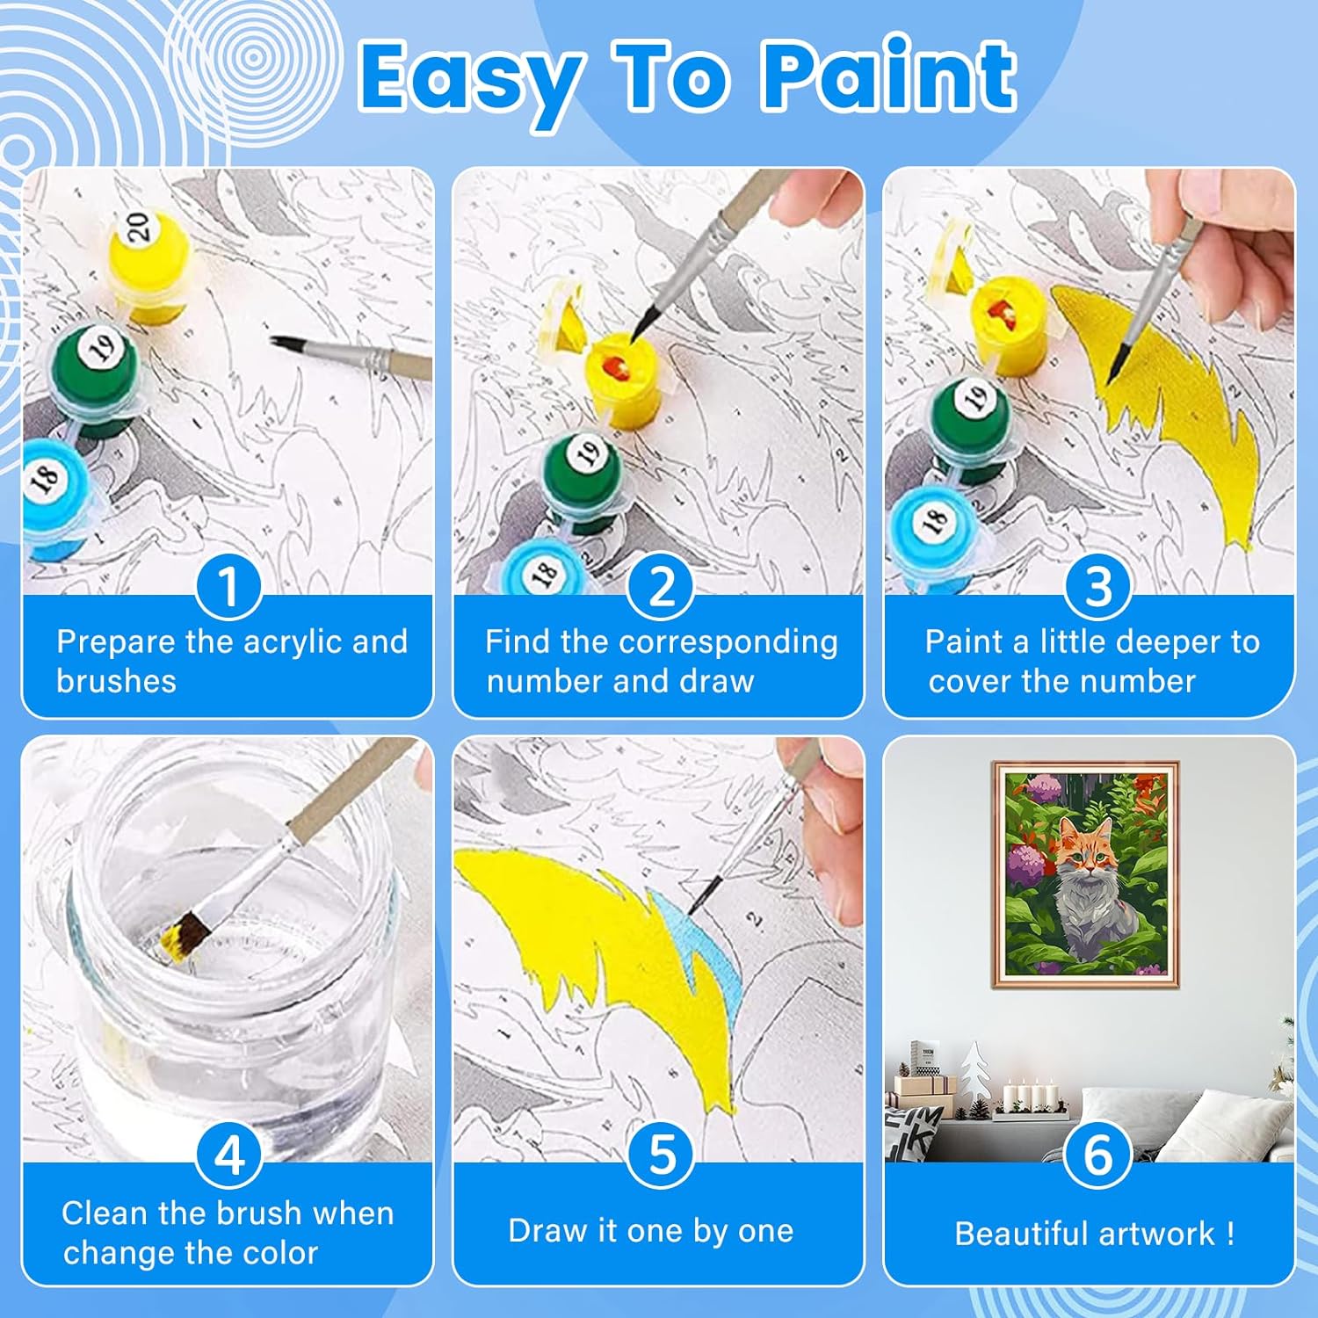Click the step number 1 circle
click(228, 586)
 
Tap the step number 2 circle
click(661, 586)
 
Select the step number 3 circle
click(1097, 586)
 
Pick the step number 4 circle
click(228, 1155)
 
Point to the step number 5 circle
click(661, 1155)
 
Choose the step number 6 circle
click(1097, 1155)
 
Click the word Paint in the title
click(889, 76)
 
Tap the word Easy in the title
click(471, 83)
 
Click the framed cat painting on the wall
click(1086, 875)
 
